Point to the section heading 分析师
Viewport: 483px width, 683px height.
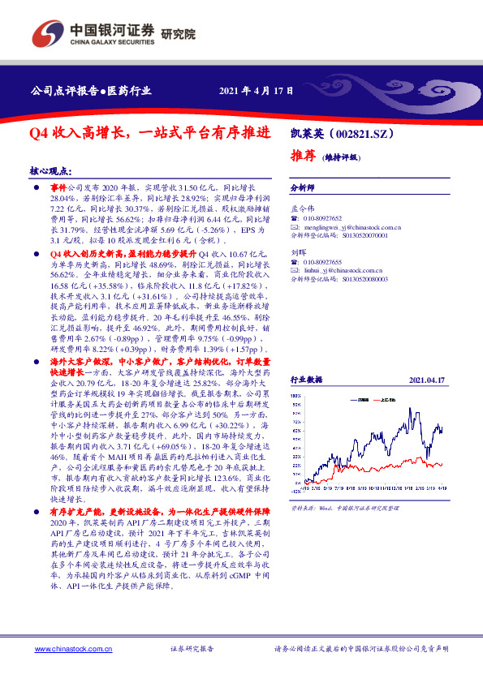tap(303, 186)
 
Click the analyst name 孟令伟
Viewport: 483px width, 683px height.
tap(303, 208)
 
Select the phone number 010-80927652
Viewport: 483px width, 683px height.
tap(323, 218)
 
